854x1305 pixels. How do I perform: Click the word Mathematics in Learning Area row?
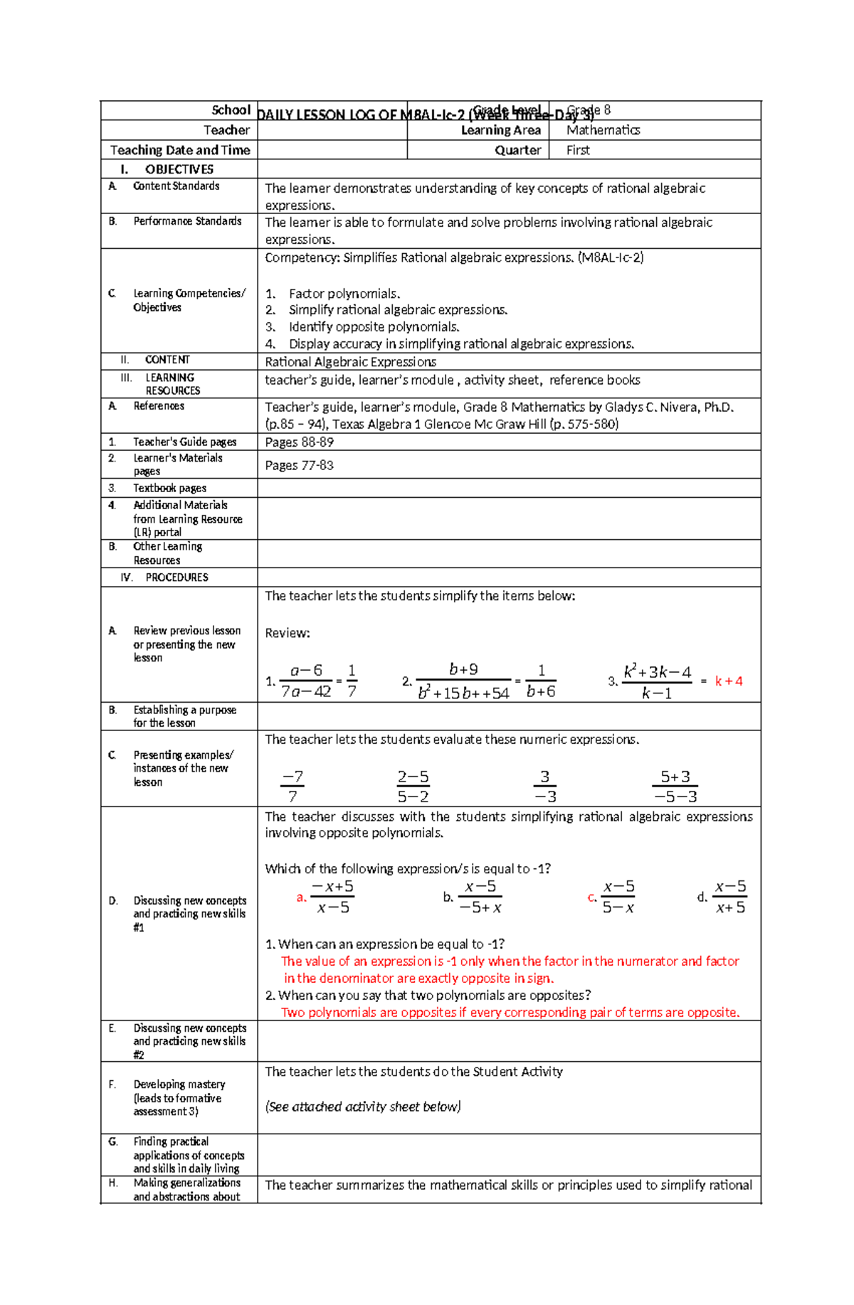tap(603, 130)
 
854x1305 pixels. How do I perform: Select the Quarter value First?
tap(578, 150)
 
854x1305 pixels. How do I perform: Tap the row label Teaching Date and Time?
tap(180, 150)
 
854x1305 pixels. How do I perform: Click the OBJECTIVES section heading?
tap(179, 169)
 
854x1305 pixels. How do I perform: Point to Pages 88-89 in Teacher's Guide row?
tap(299, 442)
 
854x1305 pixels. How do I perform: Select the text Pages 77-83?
tap(299, 465)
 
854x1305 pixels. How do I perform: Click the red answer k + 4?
tap(729, 681)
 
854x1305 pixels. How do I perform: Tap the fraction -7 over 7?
tap(292, 787)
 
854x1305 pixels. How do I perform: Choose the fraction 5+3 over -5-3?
tap(675, 787)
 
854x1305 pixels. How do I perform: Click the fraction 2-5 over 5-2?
tap(413, 787)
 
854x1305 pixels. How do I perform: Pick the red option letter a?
tap(301, 897)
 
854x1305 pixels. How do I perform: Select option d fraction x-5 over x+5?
tap(730, 897)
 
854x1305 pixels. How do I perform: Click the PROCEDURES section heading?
tap(176, 577)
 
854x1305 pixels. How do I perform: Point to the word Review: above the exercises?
tap(288, 633)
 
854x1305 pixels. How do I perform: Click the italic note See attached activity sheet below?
tap(363, 1107)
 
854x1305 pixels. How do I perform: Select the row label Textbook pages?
tap(169, 488)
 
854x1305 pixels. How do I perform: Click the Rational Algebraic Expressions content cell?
tap(350, 362)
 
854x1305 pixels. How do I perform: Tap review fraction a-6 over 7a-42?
tap(306, 681)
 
